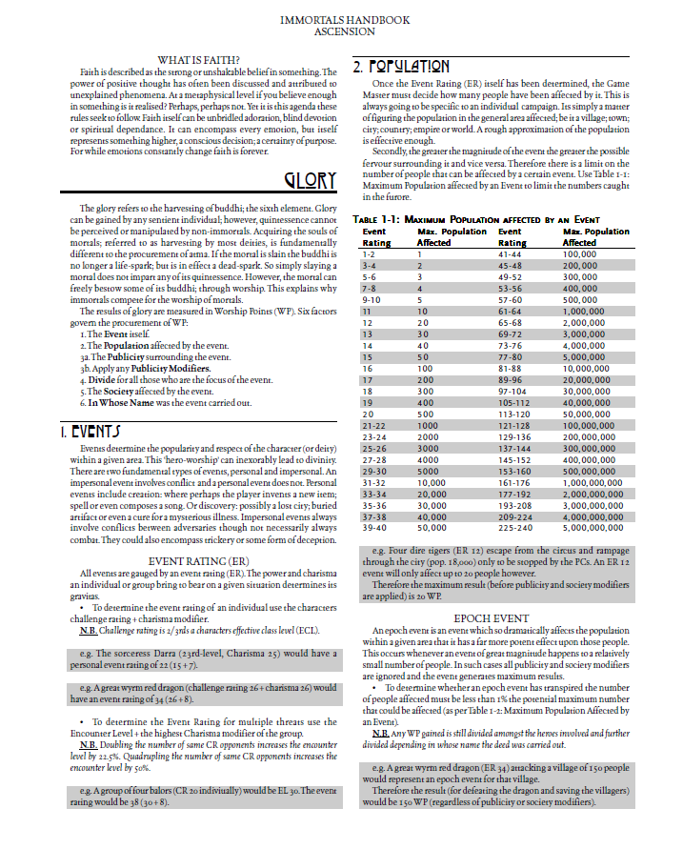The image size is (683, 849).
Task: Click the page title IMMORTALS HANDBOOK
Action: click(x=341, y=19)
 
